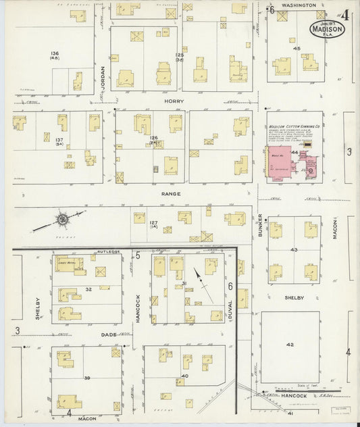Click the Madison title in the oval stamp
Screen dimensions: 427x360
328,30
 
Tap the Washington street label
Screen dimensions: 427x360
299,5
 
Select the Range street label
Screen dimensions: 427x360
171,194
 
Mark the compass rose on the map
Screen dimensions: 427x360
61,219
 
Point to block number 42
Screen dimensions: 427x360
290,345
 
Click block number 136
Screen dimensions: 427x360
55,53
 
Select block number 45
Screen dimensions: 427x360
296,49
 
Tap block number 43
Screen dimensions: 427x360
293,250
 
